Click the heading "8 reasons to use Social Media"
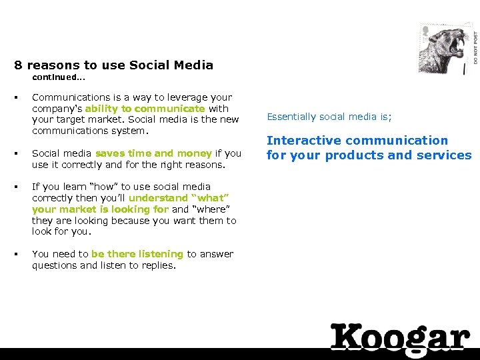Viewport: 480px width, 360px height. tap(114, 65)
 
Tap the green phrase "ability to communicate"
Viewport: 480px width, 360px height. tap(145, 109)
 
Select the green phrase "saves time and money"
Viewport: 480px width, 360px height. tap(153, 153)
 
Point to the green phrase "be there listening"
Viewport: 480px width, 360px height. tap(137, 254)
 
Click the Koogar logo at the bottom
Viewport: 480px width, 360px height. tap(400, 337)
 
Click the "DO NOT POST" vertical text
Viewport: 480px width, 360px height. tap(475, 43)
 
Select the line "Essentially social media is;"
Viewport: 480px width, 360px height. tap(329, 117)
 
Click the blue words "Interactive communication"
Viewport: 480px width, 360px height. tap(357, 141)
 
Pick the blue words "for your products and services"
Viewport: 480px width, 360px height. tap(369, 155)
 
